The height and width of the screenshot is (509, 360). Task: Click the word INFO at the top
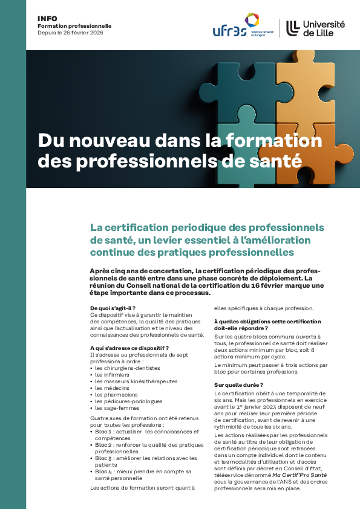[x=47, y=19]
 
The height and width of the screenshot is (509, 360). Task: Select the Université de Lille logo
[x=315, y=28]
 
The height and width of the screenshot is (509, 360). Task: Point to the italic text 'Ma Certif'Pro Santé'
[x=301, y=475]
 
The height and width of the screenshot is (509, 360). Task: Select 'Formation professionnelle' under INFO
[x=74, y=26]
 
